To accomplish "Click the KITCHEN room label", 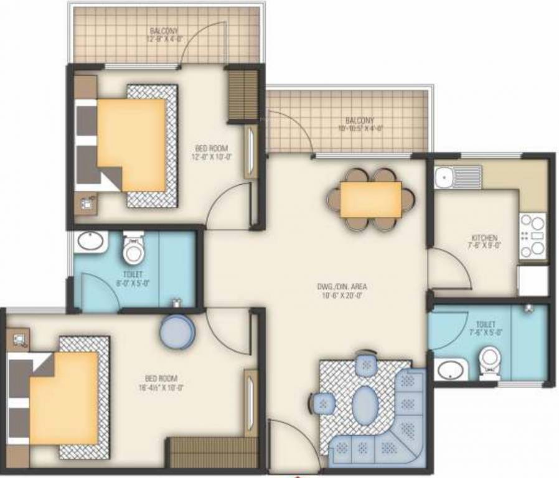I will (x=484, y=238).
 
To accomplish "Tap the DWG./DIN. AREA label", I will (x=341, y=286).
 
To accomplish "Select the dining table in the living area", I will (x=370, y=200).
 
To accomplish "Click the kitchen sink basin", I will (x=443, y=178).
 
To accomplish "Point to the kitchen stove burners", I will (x=532, y=236).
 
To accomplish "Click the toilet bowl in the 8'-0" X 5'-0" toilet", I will (x=133, y=250).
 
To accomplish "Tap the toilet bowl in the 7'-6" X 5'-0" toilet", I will (x=490, y=362).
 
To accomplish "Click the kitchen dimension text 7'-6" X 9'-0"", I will (x=484, y=246).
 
